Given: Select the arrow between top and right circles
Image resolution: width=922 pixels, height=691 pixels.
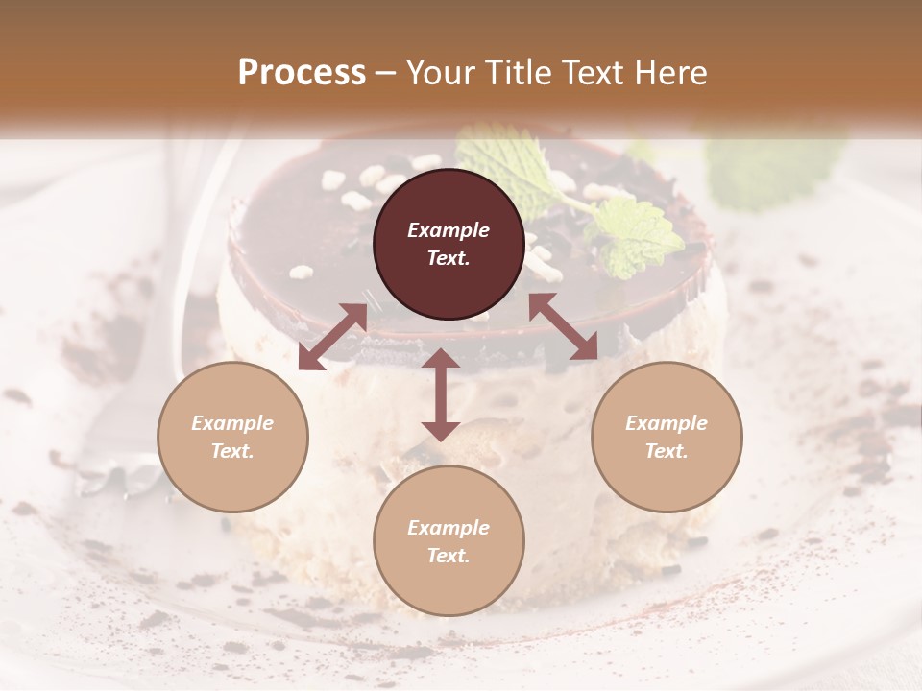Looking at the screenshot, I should pyautogui.click(x=564, y=327).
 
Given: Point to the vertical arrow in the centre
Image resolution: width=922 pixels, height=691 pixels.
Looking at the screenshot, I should pyautogui.click(x=441, y=394).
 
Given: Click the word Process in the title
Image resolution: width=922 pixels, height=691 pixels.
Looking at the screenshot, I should pyautogui.click(x=302, y=72).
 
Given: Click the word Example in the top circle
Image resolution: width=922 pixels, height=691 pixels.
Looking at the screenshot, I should pyautogui.click(x=449, y=230).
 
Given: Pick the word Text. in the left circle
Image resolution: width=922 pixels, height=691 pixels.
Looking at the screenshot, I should pyautogui.click(x=232, y=451).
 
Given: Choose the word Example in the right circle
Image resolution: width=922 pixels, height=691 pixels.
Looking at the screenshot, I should pyautogui.click(x=667, y=423).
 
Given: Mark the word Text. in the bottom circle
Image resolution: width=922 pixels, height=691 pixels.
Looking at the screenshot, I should pyautogui.click(x=449, y=556).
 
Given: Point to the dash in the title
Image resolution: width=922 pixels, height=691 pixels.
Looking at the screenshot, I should pyautogui.click(x=386, y=73).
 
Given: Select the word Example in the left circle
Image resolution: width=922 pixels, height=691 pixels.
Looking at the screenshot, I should pyautogui.click(x=232, y=423).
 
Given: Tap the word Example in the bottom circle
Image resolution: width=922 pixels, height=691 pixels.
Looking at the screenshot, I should pyautogui.click(x=449, y=528).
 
